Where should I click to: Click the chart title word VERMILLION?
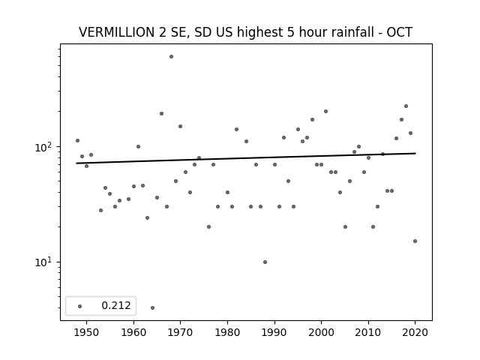pyautogui.click(x=117, y=32)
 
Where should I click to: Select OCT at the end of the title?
pyautogui.click(x=399, y=32)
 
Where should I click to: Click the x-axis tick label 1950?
pyautogui.click(x=87, y=332)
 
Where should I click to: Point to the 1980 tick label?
pyautogui.click(x=227, y=332)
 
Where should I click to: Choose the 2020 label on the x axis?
pyautogui.click(x=415, y=332)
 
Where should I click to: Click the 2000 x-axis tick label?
pyautogui.click(x=322, y=332)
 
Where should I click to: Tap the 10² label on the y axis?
pyautogui.click(x=45, y=147)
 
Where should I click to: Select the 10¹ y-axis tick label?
pyautogui.click(x=45, y=262)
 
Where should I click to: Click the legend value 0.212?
pyautogui.click(x=116, y=305)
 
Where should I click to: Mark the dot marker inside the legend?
pyautogui.click(x=80, y=306)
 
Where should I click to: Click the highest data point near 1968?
pyautogui.click(x=172, y=57)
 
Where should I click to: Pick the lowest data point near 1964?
pyautogui.click(x=153, y=307)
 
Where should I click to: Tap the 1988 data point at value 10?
pyautogui.click(x=265, y=262)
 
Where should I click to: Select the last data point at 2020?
pyautogui.click(x=415, y=241)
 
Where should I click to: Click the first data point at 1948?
pyautogui.click(x=77, y=140)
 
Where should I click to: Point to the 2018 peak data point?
pyautogui.click(x=406, y=106)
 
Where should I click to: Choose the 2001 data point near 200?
pyautogui.click(x=325, y=112)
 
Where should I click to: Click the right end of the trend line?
pyautogui.click(x=415, y=153)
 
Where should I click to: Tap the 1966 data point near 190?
pyautogui.click(x=162, y=113)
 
